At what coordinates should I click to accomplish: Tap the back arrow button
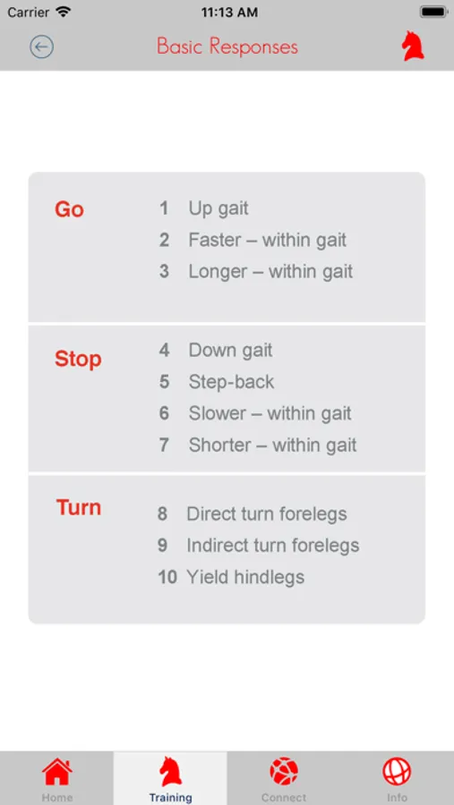point(42,47)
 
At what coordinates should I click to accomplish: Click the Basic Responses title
point(227,47)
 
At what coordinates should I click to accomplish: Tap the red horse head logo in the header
point(413,47)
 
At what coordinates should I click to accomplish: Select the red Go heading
point(69,209)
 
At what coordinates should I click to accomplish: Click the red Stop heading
point(78,359)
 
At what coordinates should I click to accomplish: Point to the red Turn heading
point(79,507)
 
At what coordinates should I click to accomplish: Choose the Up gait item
point(218,208)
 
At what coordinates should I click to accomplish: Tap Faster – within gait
point(268,240)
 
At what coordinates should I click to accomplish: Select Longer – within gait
point(270,272)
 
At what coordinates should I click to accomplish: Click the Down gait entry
point(230,351)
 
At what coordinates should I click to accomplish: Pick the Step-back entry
point(231,382)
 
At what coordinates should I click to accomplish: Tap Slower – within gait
point(270,413)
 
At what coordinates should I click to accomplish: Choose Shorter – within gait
point(272,445)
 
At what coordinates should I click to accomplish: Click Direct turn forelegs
point(266,514)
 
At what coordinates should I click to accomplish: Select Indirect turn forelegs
point(272,546)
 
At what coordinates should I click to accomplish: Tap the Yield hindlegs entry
point(245,577)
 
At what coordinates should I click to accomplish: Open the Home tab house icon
point(57,772)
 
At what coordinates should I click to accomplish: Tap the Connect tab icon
point(284,772)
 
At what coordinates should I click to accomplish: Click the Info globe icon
point(397,772)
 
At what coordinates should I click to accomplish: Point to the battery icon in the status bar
point(433,12)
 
